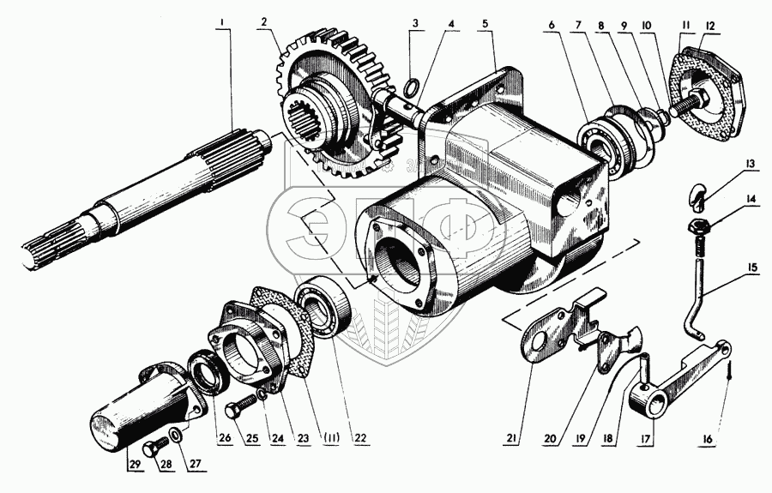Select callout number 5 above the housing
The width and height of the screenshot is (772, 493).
pyautogui.click(x=486, y=23)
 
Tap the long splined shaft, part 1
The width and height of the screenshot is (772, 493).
pyautogui.click(x=146, y=197)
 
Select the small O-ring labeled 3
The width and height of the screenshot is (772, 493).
pyautogui.click(x=411, y=85)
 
